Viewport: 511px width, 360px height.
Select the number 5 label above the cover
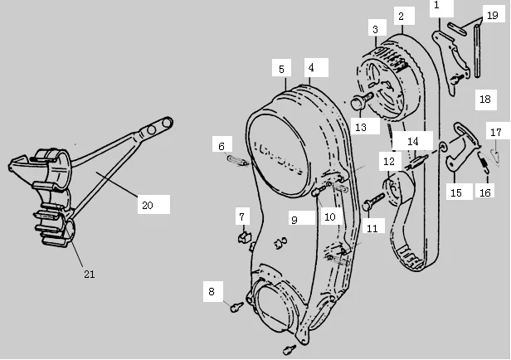[281, 69]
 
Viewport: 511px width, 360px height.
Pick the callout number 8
[212, 291]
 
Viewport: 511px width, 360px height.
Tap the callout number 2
[401, 16]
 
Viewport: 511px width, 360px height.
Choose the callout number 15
[455, 192]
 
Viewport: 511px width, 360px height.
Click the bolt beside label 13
[360, 105]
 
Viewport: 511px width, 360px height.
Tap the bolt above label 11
[374, 199]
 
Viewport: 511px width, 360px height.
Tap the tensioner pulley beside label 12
[399, 192]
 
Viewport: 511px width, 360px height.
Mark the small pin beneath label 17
[495, 155]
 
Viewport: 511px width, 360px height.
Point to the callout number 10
[329, 216]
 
